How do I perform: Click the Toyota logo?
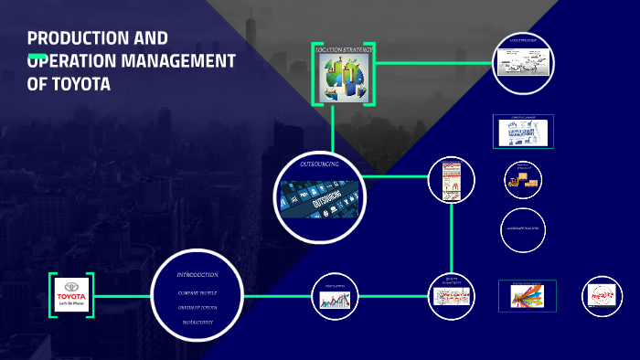click(x=71, y=295)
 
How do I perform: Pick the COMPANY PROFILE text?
click(x=197, y=292)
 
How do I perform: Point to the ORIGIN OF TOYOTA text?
click(x=197, y=307)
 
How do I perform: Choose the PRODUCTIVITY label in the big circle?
click(x=197, y=323)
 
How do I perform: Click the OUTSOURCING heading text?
click(x=319, y=164)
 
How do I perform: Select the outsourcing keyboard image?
click(x=319, y=198)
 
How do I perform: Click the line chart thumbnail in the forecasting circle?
click(x=334, y=299)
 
